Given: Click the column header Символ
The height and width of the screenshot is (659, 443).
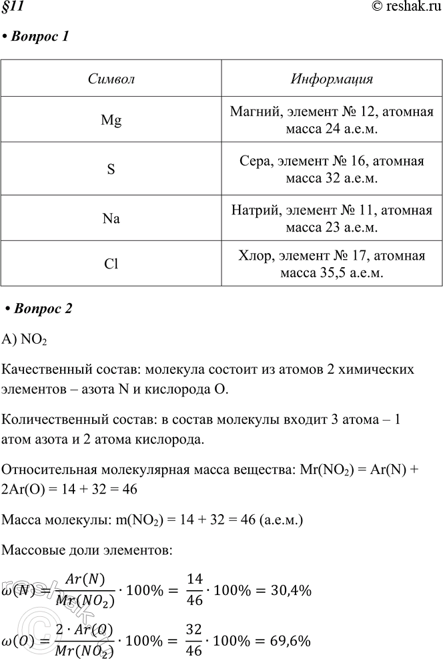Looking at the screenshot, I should pos(111,79).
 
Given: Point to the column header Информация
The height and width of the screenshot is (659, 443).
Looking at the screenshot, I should pos(332,79).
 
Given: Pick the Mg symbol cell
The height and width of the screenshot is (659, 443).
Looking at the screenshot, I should pos(111,120).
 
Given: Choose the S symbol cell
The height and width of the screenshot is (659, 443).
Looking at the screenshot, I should pos(111,170).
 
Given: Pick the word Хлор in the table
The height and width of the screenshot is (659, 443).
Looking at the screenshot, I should pos(252,257).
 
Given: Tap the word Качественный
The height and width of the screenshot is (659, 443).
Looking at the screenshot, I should pos(43,369).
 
